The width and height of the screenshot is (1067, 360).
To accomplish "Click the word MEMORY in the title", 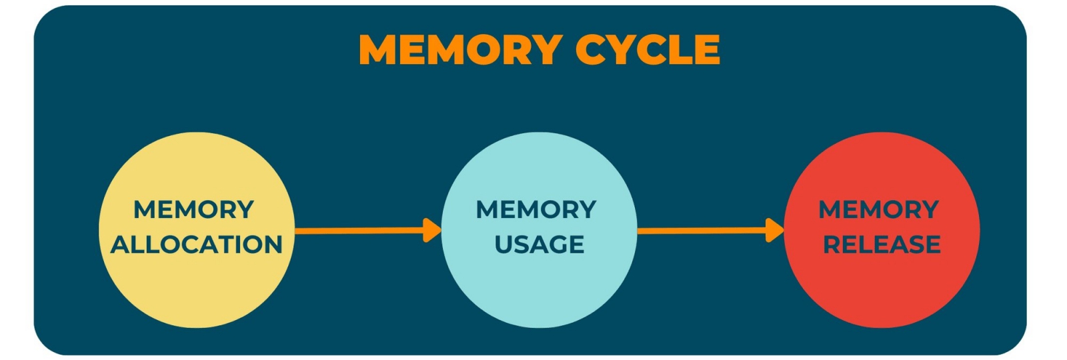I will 460,49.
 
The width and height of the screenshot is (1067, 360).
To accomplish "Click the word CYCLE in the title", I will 648,49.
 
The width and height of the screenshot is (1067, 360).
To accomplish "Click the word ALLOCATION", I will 197,245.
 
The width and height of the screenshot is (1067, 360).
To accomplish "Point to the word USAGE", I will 540,245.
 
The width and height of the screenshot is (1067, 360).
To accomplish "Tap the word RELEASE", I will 882,245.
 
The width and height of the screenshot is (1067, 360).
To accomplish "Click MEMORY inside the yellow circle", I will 194,210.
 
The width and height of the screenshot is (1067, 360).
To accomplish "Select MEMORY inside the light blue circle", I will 536,210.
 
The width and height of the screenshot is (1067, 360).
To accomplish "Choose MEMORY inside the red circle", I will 879,210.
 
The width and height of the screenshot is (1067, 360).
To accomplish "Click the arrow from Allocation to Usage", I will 360,231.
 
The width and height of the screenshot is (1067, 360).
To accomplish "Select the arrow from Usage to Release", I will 704,231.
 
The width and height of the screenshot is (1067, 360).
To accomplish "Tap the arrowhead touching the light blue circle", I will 433,231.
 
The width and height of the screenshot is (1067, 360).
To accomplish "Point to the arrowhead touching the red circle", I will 775,231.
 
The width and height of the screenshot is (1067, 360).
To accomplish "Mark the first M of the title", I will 378,49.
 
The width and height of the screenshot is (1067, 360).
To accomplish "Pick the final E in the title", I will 708,49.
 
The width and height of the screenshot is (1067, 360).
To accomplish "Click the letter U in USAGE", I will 503,245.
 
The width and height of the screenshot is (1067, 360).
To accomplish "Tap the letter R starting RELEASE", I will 832,245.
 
